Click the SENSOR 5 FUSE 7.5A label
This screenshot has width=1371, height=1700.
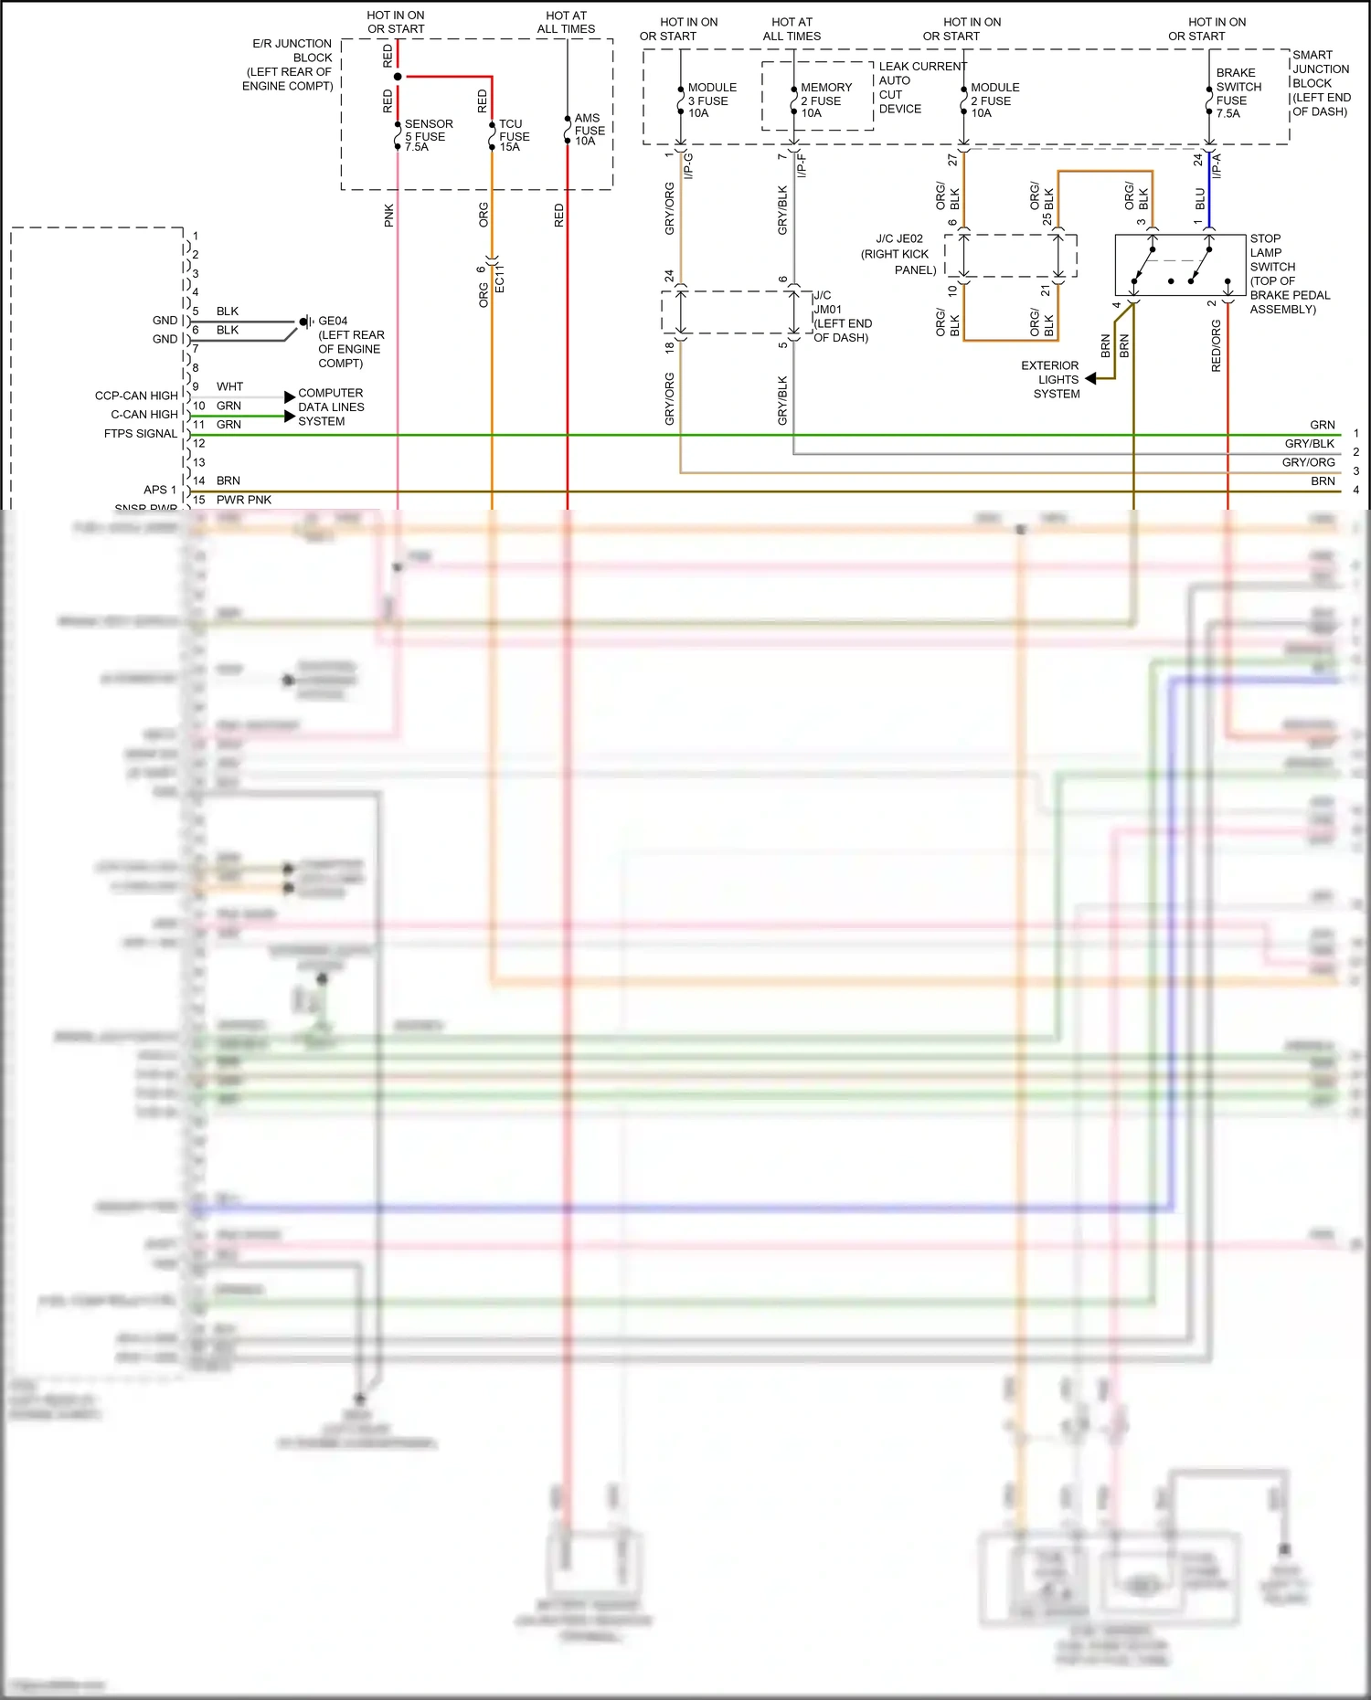click(428, 135)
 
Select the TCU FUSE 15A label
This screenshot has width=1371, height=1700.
click(514, 135)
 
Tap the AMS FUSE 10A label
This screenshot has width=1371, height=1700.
click(589, 130)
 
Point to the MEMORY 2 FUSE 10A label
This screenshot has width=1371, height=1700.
click(825, 100)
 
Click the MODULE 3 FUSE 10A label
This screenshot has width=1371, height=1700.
click(711, 100)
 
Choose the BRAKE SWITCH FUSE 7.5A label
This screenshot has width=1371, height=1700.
click(1238, 93)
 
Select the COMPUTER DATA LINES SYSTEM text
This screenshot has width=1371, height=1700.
click(330, 407)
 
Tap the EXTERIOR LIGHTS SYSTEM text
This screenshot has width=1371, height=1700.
click(1050, 379)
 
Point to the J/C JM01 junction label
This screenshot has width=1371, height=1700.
click(842, 316)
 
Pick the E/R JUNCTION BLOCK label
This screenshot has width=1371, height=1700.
click(288, 65)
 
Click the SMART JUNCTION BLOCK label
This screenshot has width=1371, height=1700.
click(1321, 83)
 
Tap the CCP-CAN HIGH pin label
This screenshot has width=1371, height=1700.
click(136, 396)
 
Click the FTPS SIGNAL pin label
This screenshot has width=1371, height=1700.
click(141, 434)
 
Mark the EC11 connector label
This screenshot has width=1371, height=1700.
click(499, 279)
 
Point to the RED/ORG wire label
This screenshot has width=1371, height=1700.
click(1216, 345)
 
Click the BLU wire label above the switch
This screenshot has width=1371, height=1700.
click(1200, 198)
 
